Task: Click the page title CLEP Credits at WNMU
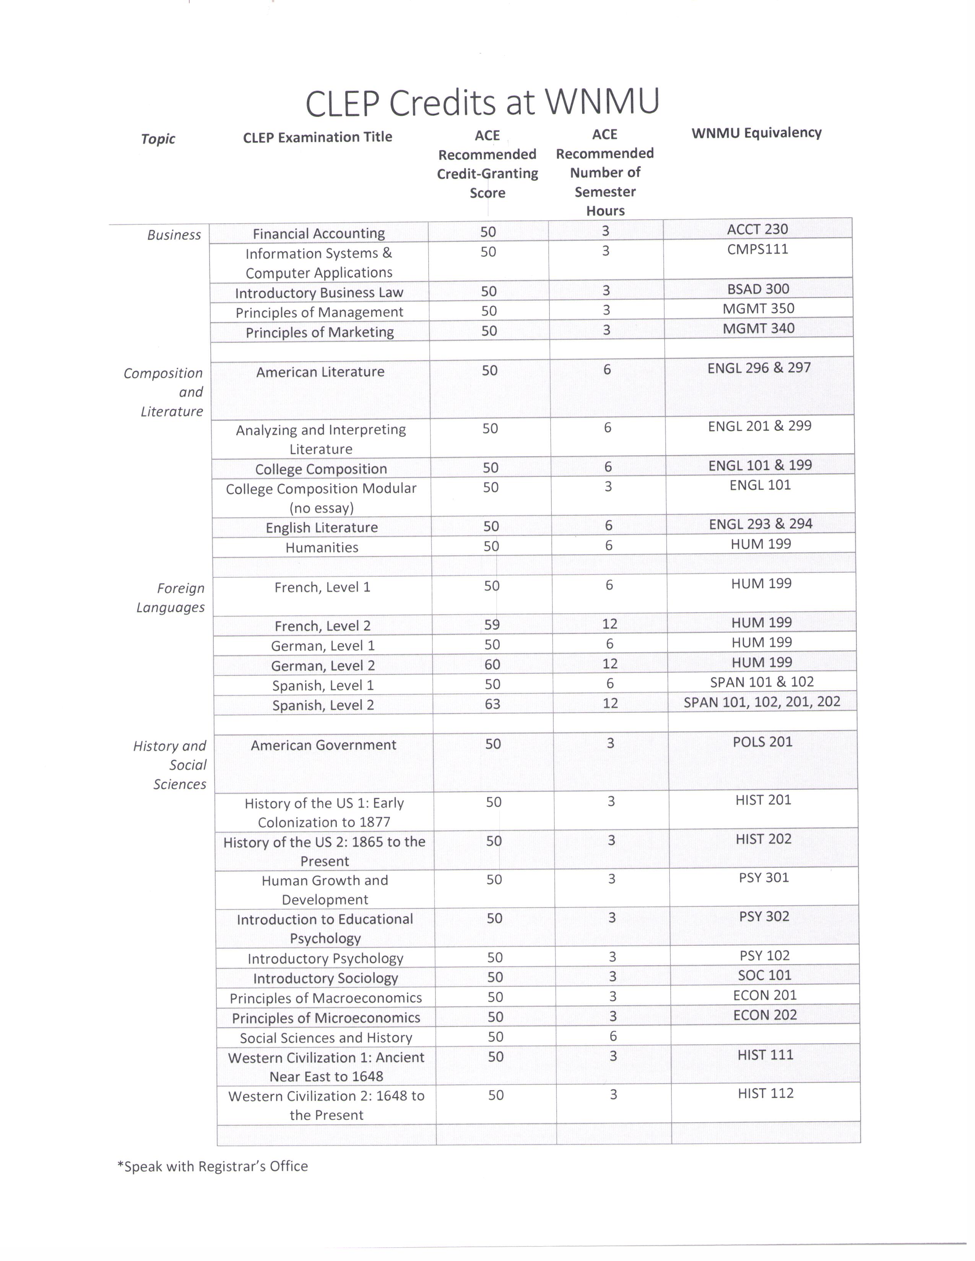click(482, 103)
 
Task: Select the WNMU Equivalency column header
click(756, 133)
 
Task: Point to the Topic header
click(158, 139)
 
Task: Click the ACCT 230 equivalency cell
click(757, 229)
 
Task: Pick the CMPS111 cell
click(757, 250)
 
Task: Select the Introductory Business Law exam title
click(319, 293)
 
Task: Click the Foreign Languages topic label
click(171, 598)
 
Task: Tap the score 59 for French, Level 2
click(492, 624)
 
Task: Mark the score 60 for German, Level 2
click(492, 665)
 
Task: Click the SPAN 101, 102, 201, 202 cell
click(761, 702)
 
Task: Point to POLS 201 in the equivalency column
click(762, 742)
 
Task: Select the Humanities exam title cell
click(322, 547)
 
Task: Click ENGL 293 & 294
click(760, 524)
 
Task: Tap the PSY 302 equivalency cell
click(764, 916)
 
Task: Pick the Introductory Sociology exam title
click(325, 978)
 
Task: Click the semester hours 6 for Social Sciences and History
click(613, 1036)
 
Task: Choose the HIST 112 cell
click(765, 1093)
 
